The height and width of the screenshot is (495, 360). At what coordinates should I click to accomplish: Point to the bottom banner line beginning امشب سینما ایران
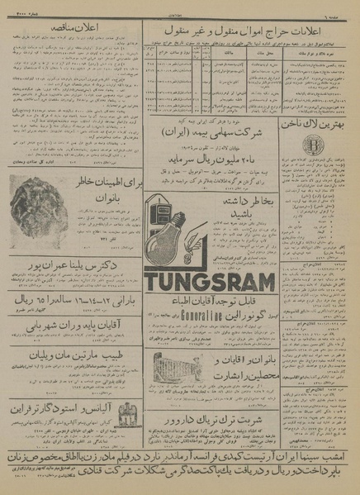tap(180, 456)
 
